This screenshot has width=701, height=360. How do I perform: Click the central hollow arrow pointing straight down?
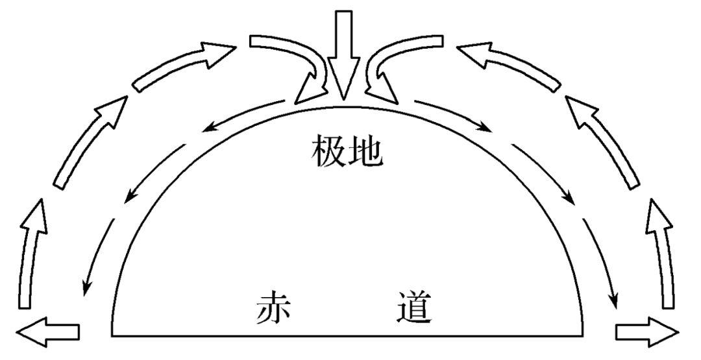click(344, 58)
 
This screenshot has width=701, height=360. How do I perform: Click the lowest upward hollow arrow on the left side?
click(30, 253)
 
